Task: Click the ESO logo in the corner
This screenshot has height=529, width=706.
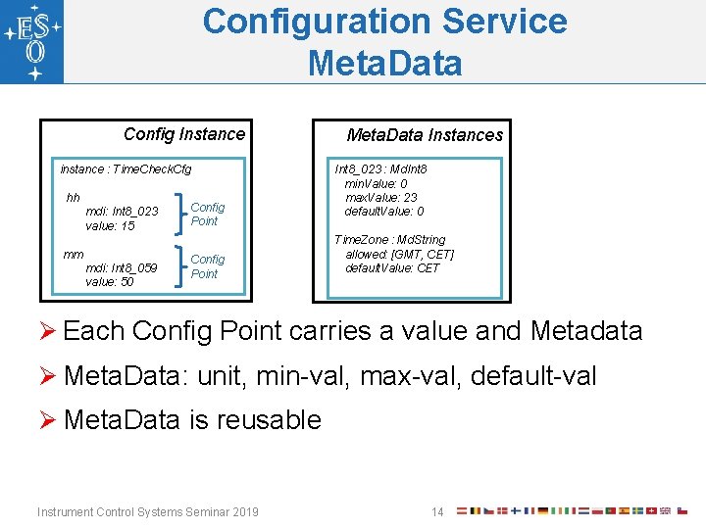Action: [x=32, y=42]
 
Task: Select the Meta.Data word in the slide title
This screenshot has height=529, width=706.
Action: [x=384, y=63]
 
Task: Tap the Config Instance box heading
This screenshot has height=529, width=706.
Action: [x=184, y=134]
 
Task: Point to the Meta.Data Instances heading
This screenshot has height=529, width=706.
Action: [x=425, y=135]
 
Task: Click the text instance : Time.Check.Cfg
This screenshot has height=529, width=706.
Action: [x=126, y=169]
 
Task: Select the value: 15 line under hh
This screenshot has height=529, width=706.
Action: [x=110, y=226]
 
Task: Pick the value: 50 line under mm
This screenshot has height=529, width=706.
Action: [x=110, y=282]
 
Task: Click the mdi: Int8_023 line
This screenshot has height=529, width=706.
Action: [x=122, y=212]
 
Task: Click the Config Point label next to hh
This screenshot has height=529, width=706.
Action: [x=207, y=215]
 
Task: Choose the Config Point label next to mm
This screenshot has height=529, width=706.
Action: [x=207, y=266]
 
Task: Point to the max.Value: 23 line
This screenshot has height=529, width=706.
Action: [x=380, y=198]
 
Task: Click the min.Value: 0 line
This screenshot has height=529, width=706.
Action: [x=376, y=184]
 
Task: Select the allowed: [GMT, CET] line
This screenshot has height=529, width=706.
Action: [x=399, y=255]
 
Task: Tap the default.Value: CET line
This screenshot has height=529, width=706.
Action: [x=392, y=268]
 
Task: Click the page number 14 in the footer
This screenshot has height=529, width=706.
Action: [x=437, y=511]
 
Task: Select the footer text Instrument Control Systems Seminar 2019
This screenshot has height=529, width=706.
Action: [x=147, y=511]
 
